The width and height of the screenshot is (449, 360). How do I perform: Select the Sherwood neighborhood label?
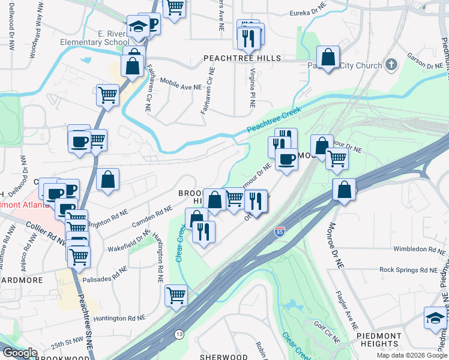click(x=223, y=356)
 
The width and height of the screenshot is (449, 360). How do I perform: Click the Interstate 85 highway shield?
click(x=279, y=231)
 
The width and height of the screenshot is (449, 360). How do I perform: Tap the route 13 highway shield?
click(x=179, y=334)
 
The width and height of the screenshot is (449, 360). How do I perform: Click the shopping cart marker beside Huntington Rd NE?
click(x=176, y=294)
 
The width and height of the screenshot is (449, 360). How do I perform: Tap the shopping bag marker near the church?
click(x=328, y=58)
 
